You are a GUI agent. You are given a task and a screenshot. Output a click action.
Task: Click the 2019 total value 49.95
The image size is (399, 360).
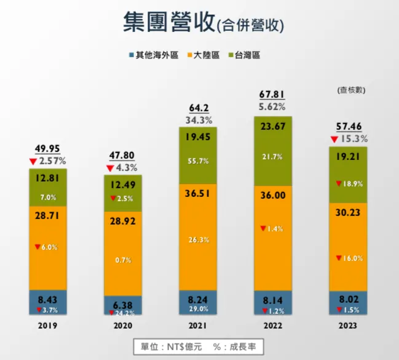47,150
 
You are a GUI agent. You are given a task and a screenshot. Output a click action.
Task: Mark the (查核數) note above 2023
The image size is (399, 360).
351,90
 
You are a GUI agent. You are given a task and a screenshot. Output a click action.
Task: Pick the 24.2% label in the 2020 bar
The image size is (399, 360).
123,312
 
